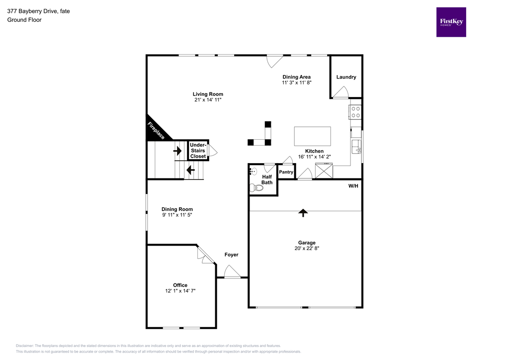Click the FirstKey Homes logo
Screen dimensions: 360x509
pos(451,22)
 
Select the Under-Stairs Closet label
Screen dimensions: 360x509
pos(198,150)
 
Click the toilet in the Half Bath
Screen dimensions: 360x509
pos(256,188)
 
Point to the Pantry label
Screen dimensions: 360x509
pos(286,172)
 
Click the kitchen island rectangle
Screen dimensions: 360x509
pos(312,135)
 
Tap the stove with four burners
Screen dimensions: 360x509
pos(355,113)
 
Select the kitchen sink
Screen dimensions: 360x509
pos(356,147)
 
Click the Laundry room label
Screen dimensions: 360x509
pos(346,77)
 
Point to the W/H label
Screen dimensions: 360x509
pos(353,186)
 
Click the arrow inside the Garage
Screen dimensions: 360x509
pos(303,212)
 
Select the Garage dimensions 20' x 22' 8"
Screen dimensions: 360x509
pos(307,248)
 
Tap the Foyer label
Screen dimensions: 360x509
pos(231,255)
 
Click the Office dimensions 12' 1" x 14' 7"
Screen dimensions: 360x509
pos(180,291)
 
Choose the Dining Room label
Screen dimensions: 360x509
pos(177,209)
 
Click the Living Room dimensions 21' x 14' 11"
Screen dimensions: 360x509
pos(208,100)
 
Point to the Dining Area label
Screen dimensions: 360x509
pos(297,77)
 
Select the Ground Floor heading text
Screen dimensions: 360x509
pos(24,20)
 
